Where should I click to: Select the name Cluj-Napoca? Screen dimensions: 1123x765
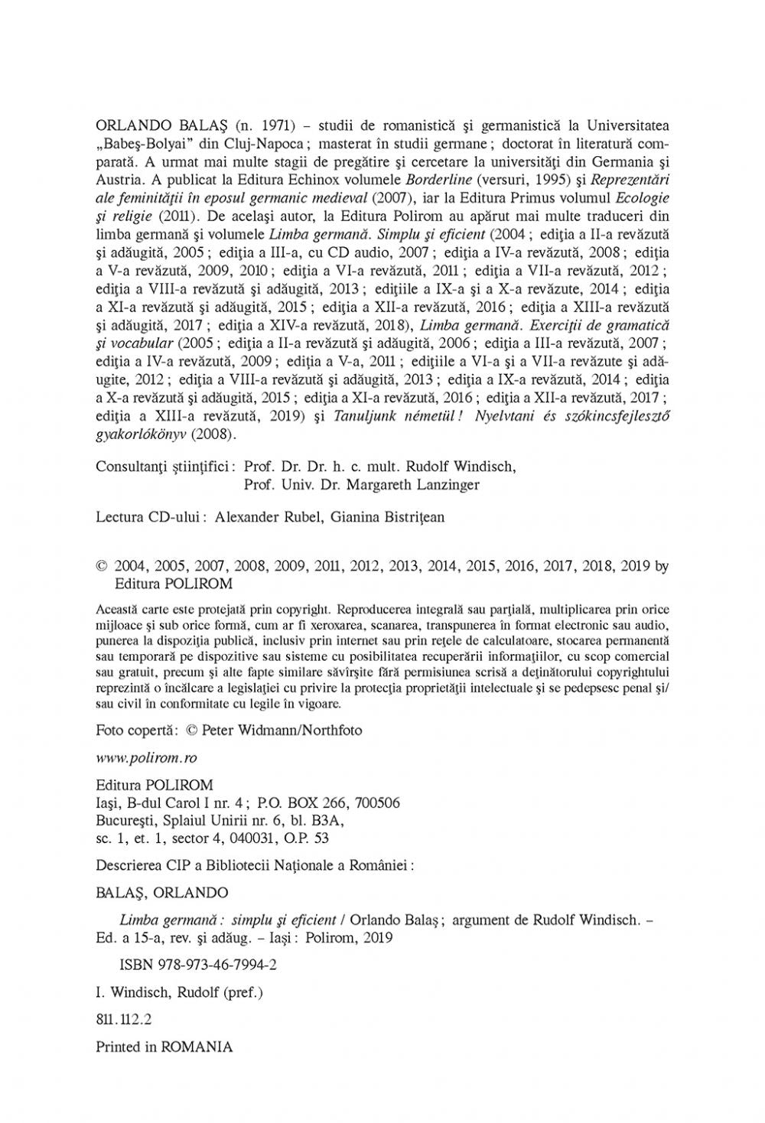(266, 144)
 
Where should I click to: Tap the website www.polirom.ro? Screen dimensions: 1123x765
(146, 757)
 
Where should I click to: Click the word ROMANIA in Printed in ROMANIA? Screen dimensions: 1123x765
(197, 1047)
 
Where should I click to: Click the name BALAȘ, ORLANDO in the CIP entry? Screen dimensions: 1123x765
(161, 893)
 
